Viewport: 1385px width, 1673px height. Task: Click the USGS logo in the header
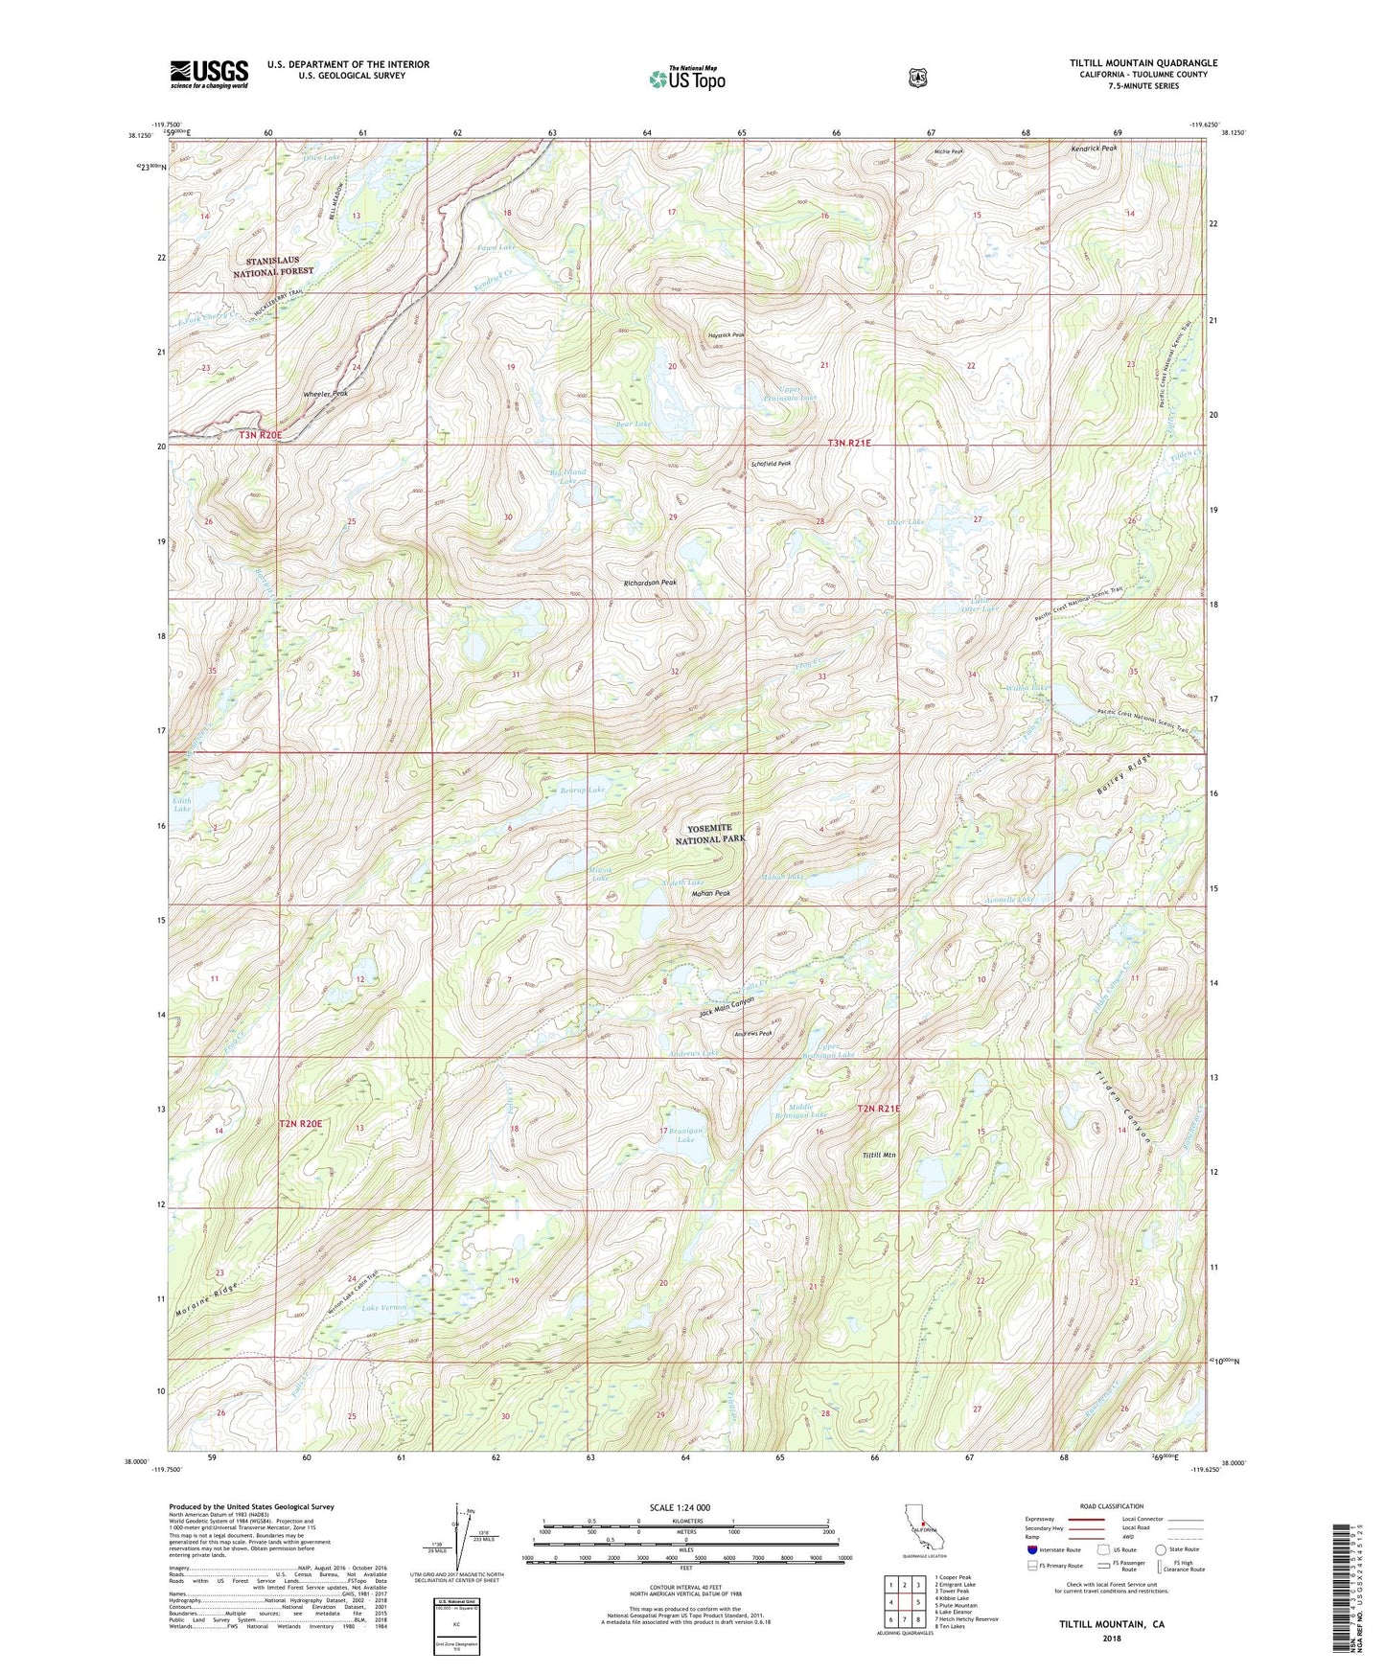(209, 74)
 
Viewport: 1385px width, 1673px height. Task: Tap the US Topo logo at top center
(686, 79)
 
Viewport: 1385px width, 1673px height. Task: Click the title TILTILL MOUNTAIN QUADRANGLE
(1143, 63)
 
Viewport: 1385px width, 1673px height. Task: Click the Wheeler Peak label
(325, 394)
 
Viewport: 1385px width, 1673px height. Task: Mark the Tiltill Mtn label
(879, 1155)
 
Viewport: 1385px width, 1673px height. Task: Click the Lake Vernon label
(384, 1307)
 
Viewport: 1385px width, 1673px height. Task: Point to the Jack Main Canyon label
(727, 1006)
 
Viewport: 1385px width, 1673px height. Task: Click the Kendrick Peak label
(1094, 149)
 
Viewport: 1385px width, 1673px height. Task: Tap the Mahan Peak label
(711, 893)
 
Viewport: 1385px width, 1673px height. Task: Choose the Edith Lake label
(182, 804)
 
